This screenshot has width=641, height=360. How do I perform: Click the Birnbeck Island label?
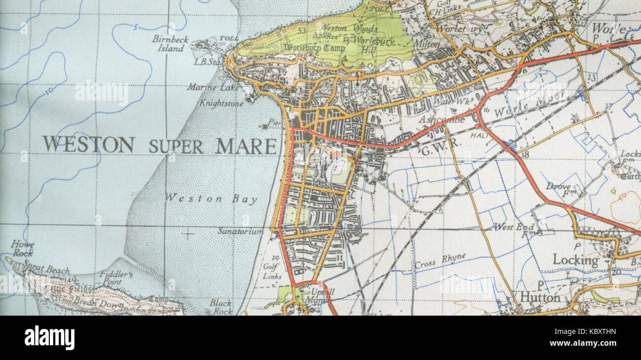tap(168, 43)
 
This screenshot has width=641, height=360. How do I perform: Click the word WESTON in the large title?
tap(88, 144)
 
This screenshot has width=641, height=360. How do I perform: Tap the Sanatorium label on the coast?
tap(240, 231)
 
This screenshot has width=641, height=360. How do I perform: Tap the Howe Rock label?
tap(23, 249)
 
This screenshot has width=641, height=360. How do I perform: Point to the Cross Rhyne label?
tap(432, 264)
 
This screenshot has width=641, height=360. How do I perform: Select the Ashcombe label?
tap(441, 119)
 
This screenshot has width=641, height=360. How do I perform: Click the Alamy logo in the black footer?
tap(49, 338)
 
